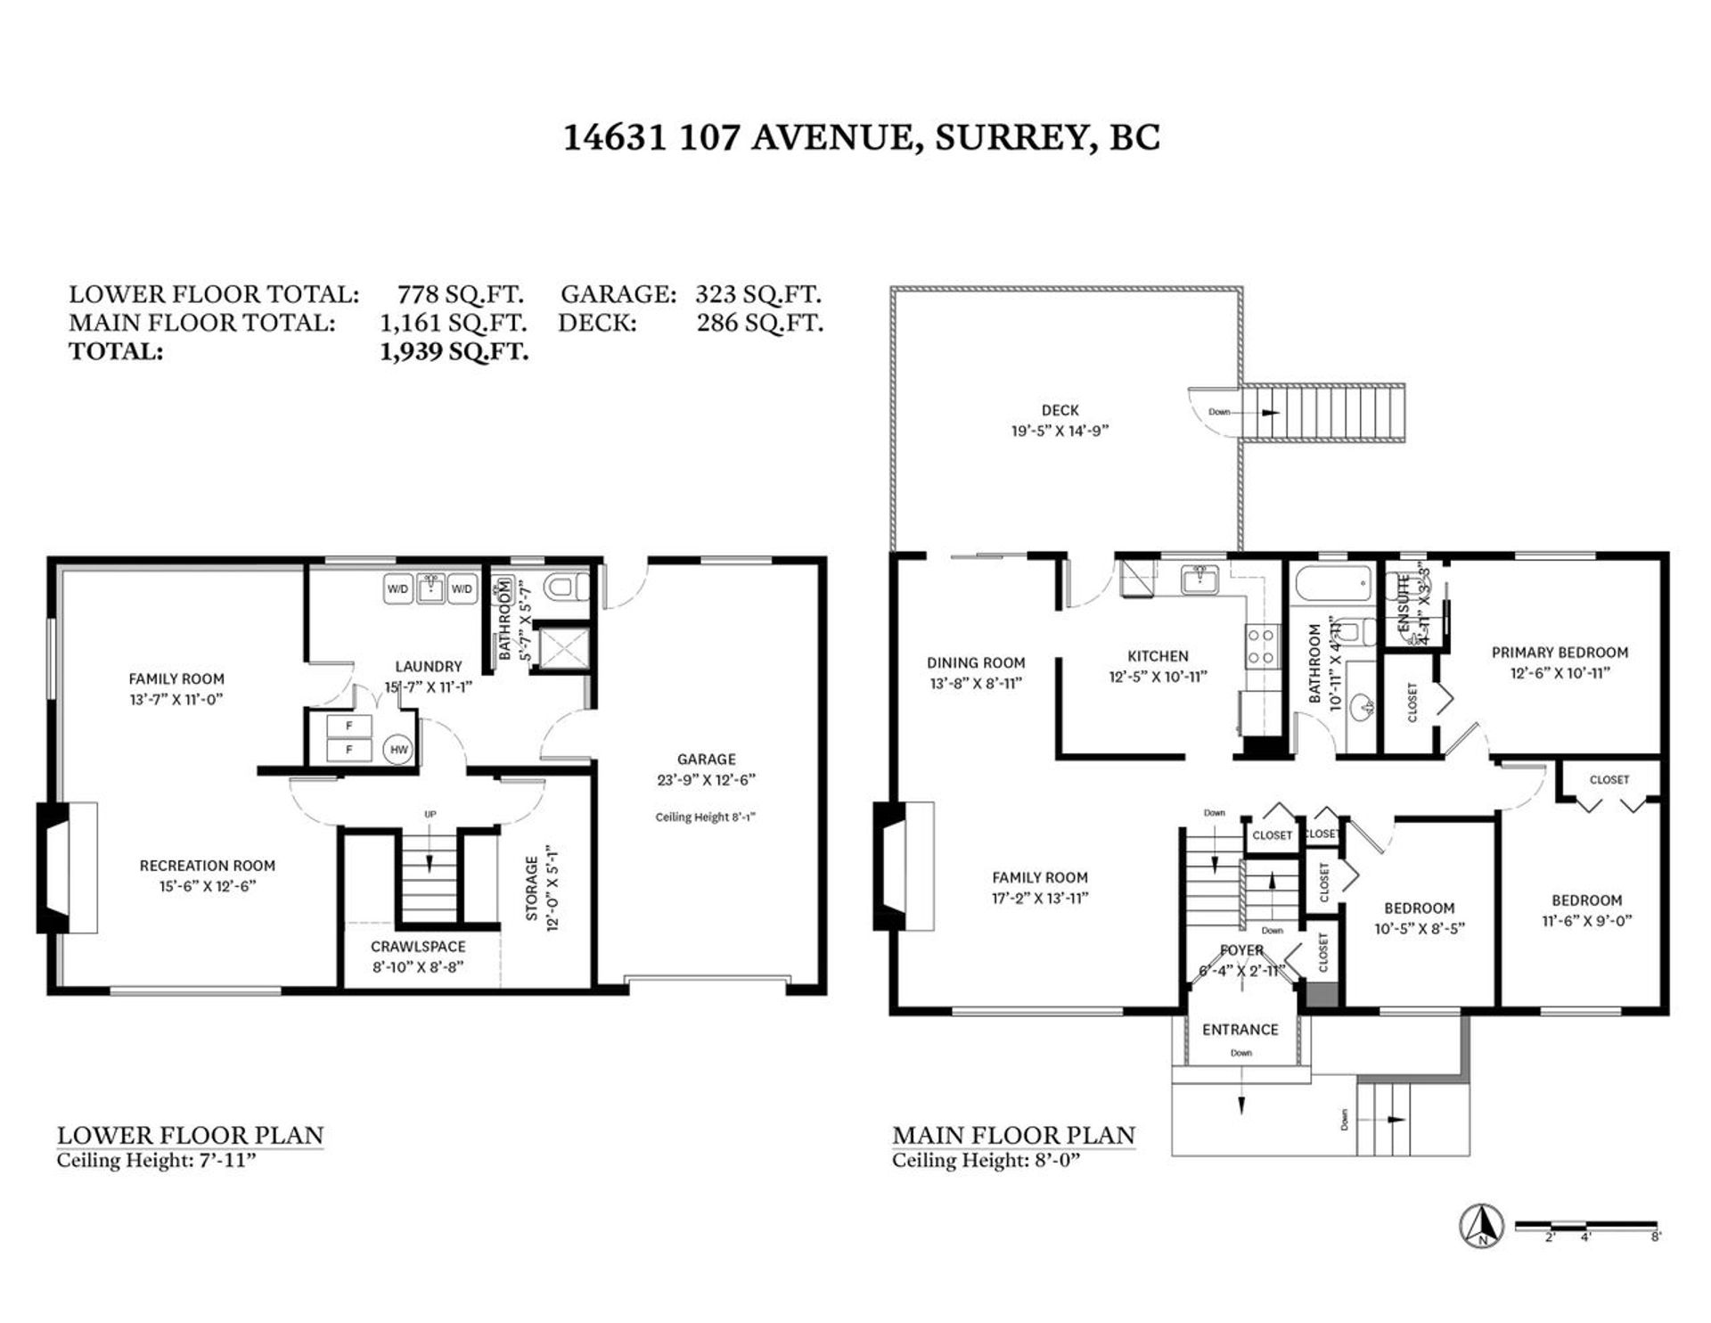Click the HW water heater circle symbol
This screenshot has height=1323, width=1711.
(x=398, y=750)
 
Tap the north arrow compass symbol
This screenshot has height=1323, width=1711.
(x=1481, y=1226)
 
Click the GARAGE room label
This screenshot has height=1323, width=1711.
(x=706, y=759)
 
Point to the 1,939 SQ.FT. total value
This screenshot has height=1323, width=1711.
(x=454, y=351)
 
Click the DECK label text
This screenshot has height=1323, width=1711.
(x=1060, y=410)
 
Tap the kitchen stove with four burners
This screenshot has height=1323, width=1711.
(x=1260, y=646)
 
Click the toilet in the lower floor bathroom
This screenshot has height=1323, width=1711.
(x=569, y=588)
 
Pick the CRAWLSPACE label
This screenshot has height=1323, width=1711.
(x=418, y=946)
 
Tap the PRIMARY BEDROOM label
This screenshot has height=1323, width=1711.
(x=1560, y=652)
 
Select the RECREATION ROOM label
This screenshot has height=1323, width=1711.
(x=207, y=865)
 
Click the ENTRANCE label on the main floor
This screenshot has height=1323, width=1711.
(x=1240, y=1029)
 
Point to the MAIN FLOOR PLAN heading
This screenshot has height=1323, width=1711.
(x=1013, y=1135)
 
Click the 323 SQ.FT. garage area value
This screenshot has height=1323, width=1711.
(x=757, y=294)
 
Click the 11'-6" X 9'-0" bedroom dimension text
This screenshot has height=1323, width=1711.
(x=1586, y=921)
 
